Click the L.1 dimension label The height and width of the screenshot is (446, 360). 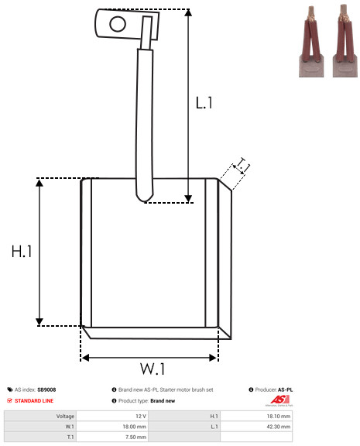(204, 103)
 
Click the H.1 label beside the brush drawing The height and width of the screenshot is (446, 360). (22, 252)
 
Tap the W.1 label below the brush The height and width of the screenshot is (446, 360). (153, 369)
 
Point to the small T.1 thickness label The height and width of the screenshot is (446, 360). (242, 166)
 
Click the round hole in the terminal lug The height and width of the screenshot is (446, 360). (118, 24)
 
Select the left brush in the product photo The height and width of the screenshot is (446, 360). (311, 42)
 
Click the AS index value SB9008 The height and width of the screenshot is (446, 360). (46, 389)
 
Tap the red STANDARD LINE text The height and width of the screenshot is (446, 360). (34, 401)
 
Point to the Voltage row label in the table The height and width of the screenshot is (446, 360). (65, 417)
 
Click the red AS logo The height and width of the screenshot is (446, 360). (279, 400)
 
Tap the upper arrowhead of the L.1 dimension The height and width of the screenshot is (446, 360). (188, 12)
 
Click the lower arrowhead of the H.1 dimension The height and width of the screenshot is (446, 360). (39, 322)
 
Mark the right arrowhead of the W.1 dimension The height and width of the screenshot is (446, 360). (213, 358)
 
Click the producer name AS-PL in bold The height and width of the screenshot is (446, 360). (285, 389)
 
